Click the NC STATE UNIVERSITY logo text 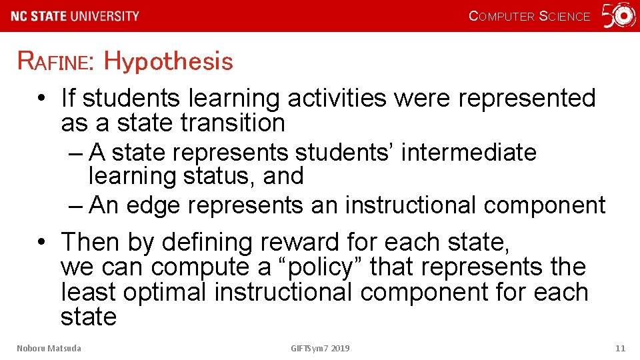tap(75, 16)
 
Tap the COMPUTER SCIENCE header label tap(529, 17)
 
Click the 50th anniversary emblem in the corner tap(619, 15)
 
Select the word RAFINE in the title tap(56, 62)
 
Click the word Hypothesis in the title tap(168, 61)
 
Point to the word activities tap(337, 98)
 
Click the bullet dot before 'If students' tap(41, 99)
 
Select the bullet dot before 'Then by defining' tap(41, 243)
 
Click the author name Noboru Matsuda tap(49, 348)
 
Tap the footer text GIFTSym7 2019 tap(320, 348)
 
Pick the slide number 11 tap(620, 348)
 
